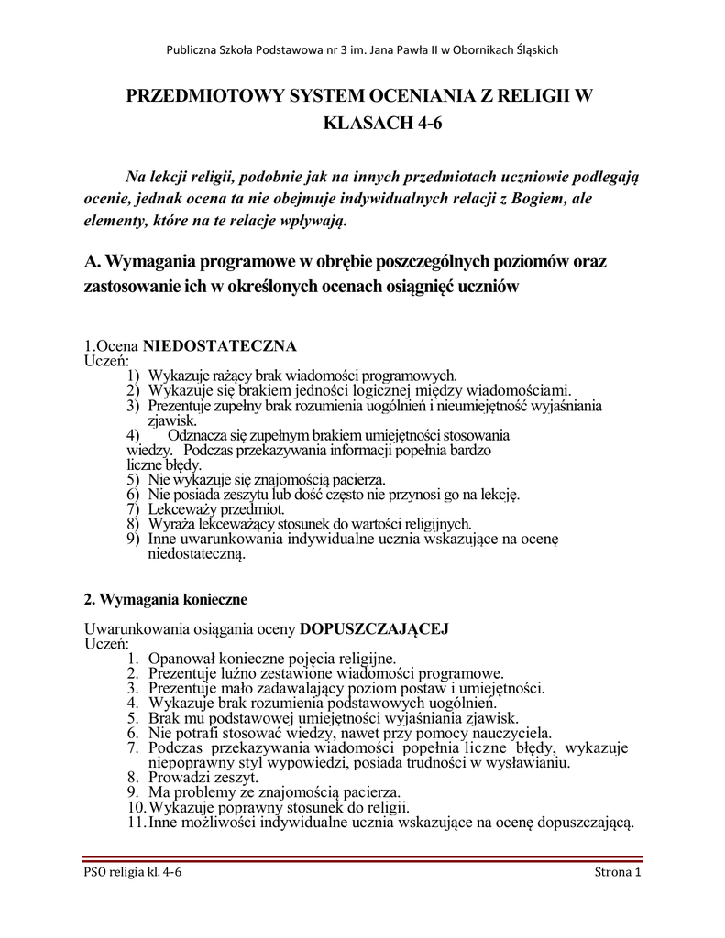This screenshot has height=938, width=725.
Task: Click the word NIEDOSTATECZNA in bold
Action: pos(219,346)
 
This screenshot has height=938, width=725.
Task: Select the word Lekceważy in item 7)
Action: pos(182,508)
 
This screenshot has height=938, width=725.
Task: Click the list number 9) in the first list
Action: pos(133,539)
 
